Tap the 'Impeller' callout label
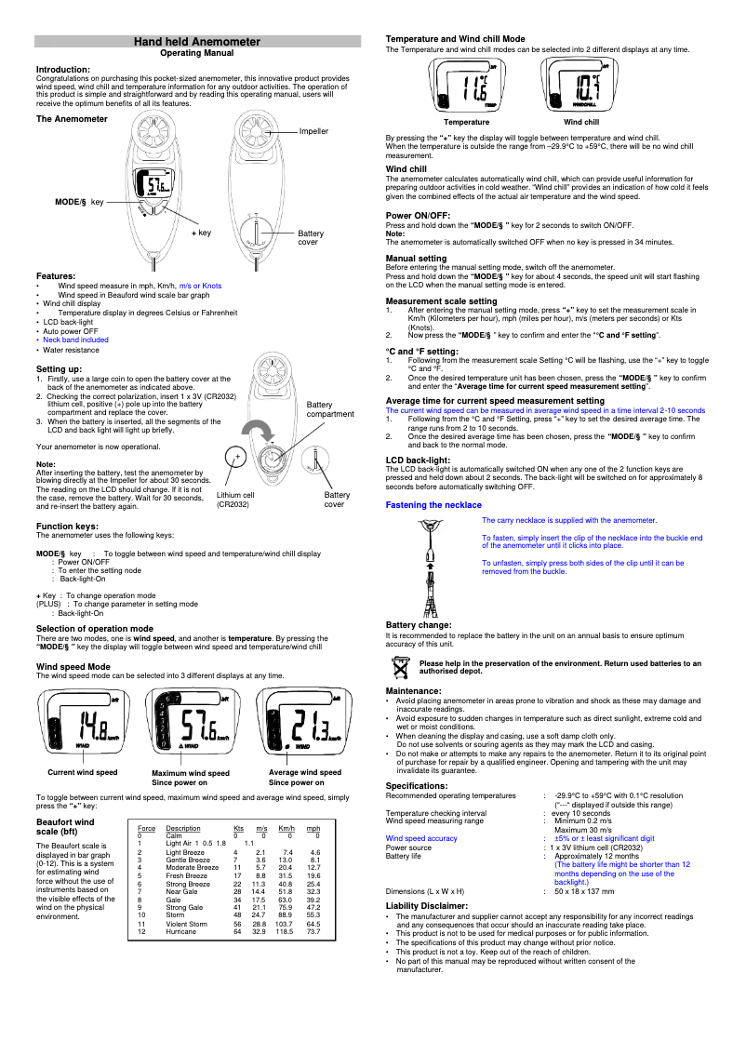[313, 131]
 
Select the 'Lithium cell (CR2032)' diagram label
[234, 500]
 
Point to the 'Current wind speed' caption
[83, 772]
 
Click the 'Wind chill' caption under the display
[581, 122]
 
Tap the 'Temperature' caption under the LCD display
[466, 122]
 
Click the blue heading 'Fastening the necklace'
[433, 504]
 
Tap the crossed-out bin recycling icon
[400, 665]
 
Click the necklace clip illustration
[430, 567]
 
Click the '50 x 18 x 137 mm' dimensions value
[584, 891]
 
